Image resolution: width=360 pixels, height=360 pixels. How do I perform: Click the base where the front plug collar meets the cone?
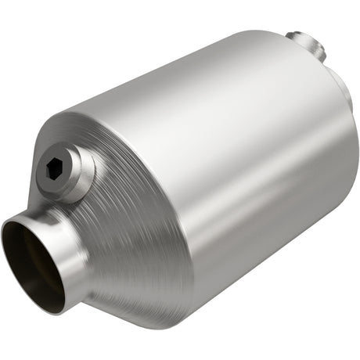(90, 184)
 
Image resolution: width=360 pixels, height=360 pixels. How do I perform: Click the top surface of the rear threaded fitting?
(301, 35)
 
